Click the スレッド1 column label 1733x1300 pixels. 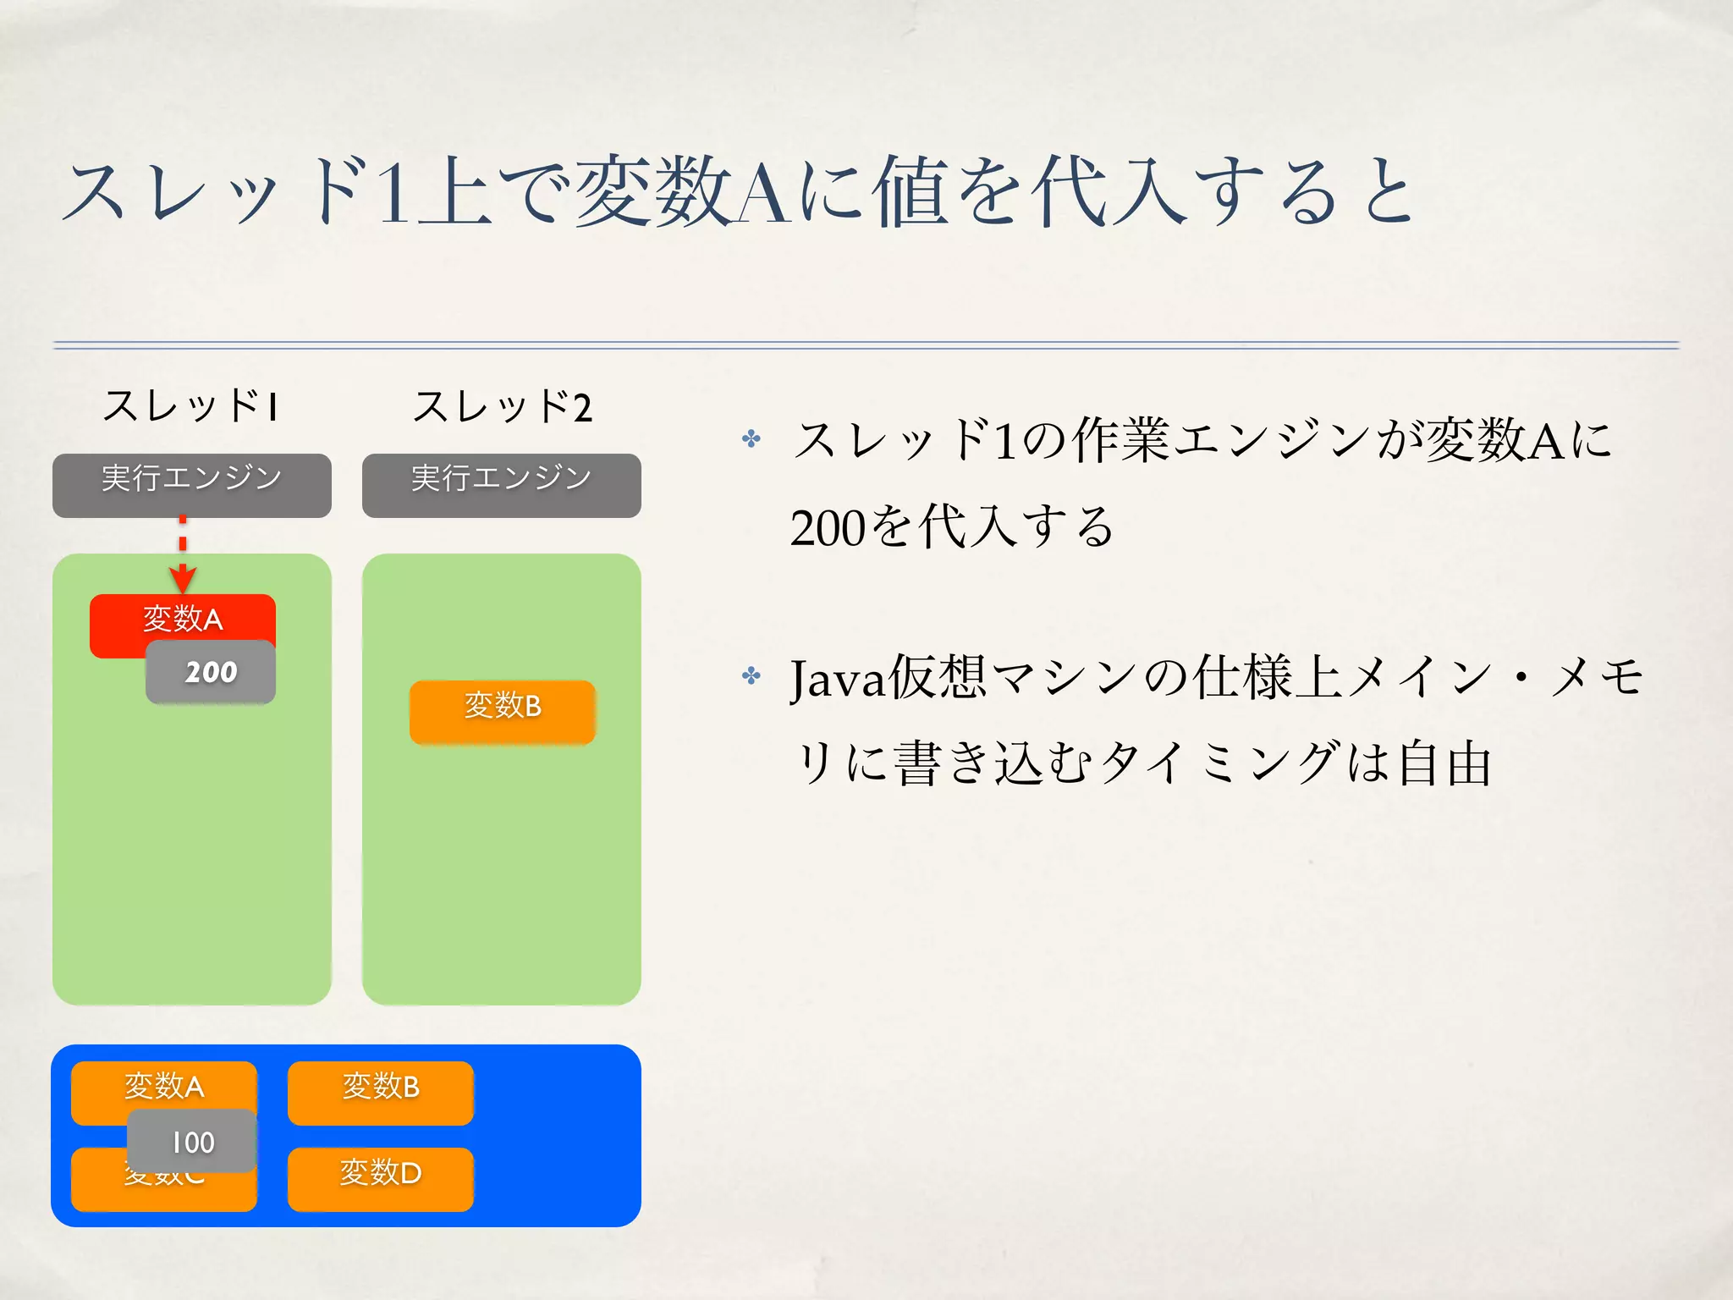click(x=190, y=406)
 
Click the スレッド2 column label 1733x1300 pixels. click(x=501, y=406)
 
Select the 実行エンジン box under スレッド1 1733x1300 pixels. click(x=192, y=485)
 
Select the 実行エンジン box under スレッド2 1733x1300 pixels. click(x=501, y=485)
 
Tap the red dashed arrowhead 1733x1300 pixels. click(x=183, y=580)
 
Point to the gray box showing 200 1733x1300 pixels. click(x=211, y=672)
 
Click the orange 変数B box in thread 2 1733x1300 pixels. click(x=502, y=712)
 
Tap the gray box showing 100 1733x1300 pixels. click(x=192, y=1141)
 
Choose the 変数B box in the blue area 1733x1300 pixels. click(x=380, y=1093)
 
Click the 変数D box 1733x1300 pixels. click(x=380, y=1179)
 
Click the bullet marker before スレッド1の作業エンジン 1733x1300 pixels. click(x=751, y=438)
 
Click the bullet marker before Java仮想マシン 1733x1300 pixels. click(x=751, y=675)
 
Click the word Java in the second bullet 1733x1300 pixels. click(x=838, y=680)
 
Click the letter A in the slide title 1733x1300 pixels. click(x=764, y=195)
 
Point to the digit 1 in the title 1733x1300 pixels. click(x=394, y=195)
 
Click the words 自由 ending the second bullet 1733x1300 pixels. click(x=1444, y=763)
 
